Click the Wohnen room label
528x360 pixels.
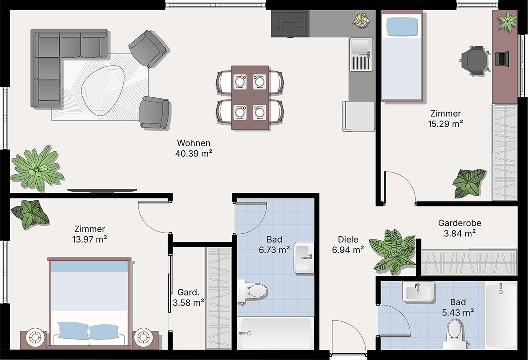pyautogui.click(x=194, y=143)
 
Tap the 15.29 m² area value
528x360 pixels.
pyautogui.click(x=445, y=124)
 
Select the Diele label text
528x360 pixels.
pyautogui.click(x=348, y=239)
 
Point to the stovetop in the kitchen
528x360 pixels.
pyautogui.click(x=290, y=24)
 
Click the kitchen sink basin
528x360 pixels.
pyautogui.click(x=360, y=47)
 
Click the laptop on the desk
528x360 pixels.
pyautogui.click(x=502, y=58)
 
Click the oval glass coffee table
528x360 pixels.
pyautogui.click(x=103, y=90)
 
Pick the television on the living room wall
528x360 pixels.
pyautogui.click(x=102, y=191)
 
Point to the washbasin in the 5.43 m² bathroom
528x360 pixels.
pyautogui.click(x=418, y=291)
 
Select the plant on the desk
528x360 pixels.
pyautogui.click(x=507, y=20)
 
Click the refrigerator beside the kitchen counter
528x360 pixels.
pyautogui.click(x=358, y=116)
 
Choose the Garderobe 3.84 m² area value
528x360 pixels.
pyautogui.click(x=460, y=233)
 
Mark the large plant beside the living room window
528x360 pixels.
pyautogui.click(x=37, y=168)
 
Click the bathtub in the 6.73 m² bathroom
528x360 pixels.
pyautogui.click(x=275, y=333)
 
